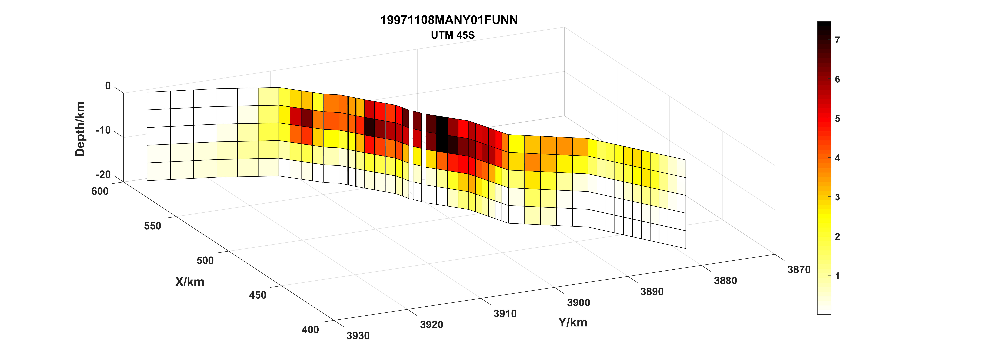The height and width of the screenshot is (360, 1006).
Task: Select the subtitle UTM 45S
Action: [x=453, y=35]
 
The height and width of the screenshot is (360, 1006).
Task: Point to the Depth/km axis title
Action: [x=80, y=129]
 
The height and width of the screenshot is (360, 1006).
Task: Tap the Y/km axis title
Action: [x=572, y=322]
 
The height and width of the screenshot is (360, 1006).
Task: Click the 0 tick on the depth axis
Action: [x=108, y=86]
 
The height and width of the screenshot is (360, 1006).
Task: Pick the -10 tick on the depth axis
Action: [x=104, y=130]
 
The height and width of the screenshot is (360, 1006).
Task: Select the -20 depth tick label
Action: [x=104, y=174]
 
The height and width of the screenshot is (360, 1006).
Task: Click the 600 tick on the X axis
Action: [x=100, y=191]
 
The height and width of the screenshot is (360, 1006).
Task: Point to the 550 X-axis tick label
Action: [x=152, y=226]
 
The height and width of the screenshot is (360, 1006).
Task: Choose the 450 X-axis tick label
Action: [x=258, y=295]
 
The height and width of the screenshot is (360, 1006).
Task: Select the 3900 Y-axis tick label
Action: [x=578, y=303]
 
